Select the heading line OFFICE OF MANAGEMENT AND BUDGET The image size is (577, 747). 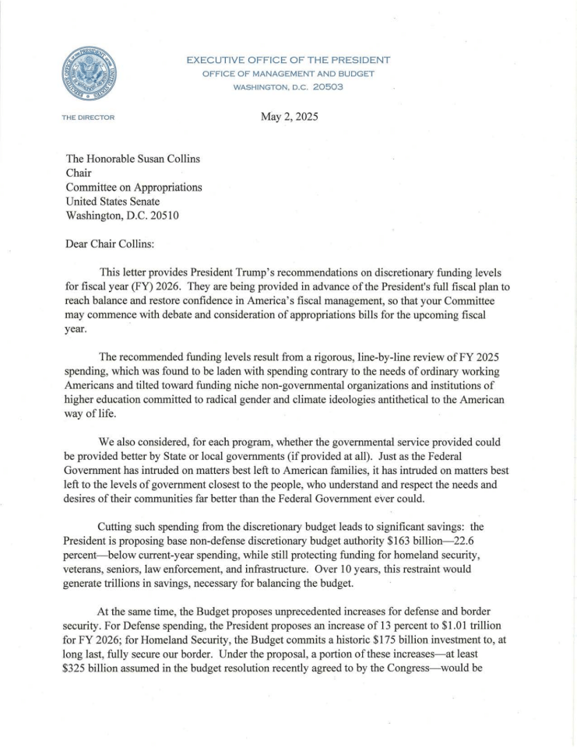click(x=288, y=73)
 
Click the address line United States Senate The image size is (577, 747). click(x=117, y=202)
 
